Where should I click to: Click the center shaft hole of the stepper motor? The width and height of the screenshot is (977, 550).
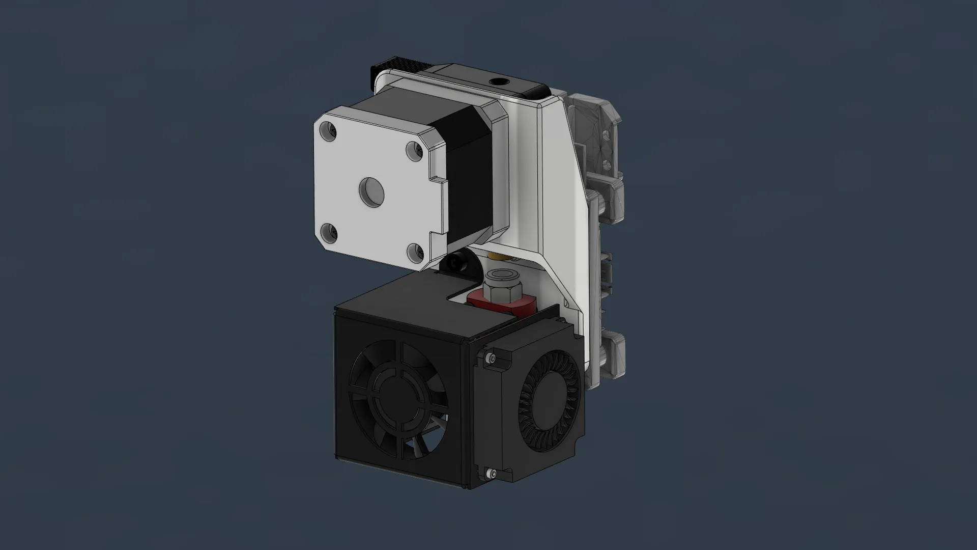(371, 192)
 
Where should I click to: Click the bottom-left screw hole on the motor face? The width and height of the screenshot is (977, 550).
(327, 234)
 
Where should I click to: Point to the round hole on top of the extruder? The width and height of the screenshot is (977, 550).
(497, 81)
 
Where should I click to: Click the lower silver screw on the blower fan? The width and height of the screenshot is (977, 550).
(490, 475)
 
